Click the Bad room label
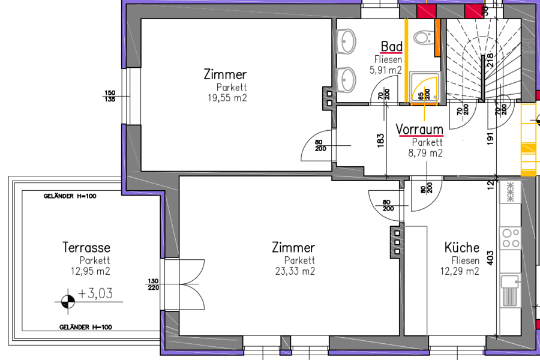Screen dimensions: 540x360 coord(392,47)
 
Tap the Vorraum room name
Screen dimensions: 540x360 coord(419,130)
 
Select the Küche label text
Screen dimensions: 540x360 coord(461,247)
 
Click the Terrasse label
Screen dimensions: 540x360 coord(86,247)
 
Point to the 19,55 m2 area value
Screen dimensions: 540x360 coord(227,98)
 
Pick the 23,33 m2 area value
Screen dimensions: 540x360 coord(295,271)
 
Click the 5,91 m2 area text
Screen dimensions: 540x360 coord(386,70)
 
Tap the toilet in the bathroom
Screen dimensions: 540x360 coord(424,37)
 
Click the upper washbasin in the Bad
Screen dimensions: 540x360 coord(346,41)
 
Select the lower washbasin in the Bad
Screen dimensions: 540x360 coord(346,80)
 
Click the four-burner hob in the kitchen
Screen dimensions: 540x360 coord(511,238)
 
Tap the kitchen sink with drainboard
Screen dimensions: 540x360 coord(510,290)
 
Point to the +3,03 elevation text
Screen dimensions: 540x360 coord(95,293)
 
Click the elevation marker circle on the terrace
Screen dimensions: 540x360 coord(68,302)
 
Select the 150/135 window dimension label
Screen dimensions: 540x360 coord(110,96)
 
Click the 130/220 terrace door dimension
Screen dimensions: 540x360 coord(153,284)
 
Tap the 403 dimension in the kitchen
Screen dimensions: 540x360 coord(490,257)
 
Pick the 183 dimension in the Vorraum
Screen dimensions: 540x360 coord(380,140)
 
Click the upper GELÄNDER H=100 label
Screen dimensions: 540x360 coord(70,196)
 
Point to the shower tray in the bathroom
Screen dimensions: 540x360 coord(424,87)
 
